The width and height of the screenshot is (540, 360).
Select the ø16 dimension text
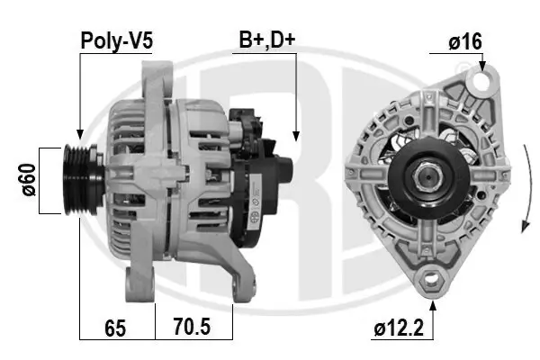coord(465,40)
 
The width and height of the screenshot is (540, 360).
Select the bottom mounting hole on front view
coord(434,279)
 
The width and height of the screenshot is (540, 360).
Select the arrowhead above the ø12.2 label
coord(435,307)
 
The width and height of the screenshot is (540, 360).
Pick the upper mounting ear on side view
coord(162,76)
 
